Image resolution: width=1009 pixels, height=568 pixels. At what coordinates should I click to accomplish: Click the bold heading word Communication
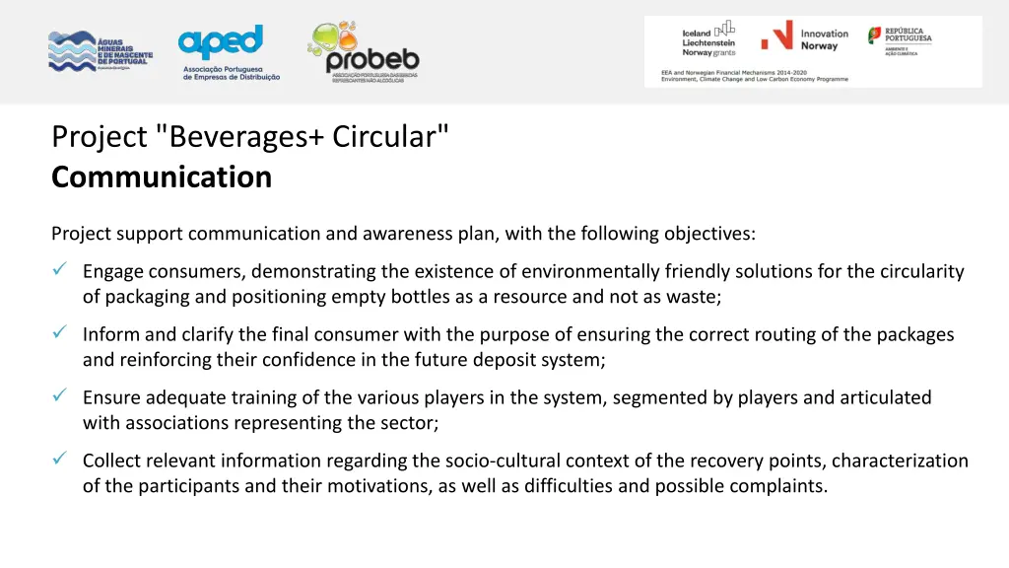[x=162, y=177]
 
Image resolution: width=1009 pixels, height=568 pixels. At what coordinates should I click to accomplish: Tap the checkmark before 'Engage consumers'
[x=59, y=270]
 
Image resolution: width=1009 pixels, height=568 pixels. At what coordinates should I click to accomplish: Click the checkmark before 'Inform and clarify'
[x=59, y=333]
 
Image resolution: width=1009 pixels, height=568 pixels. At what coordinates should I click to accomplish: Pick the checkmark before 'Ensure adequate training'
[x=59, y=396]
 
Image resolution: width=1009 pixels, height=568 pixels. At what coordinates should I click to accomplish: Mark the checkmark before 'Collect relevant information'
[x=59, y=460]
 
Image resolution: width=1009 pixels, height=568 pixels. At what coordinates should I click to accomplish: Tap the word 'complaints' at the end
[x=778, y=486]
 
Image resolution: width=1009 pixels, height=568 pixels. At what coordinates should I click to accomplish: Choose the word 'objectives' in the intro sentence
[x=708, y=234]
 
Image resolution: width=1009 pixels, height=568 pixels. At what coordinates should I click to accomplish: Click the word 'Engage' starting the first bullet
[x=113, y=271]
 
